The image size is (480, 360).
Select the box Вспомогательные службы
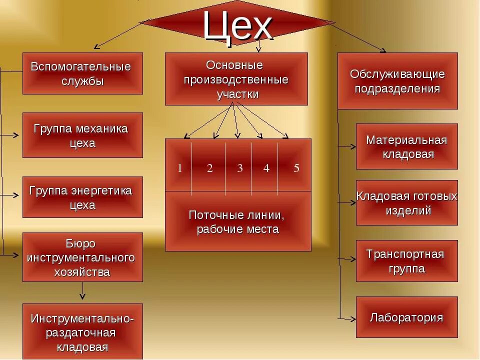82,73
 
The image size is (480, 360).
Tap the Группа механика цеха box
82,135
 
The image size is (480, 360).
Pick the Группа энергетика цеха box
82,197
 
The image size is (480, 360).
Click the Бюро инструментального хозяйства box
82,257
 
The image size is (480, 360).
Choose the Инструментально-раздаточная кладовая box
82,332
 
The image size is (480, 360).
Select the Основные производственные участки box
236,79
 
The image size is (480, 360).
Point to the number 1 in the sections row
179,168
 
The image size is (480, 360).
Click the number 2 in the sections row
210,168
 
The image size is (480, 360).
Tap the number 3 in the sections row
240,168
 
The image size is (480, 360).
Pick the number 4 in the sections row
266,168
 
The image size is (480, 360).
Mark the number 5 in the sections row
296,168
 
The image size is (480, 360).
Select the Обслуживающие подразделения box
397,81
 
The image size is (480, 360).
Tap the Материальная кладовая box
406,146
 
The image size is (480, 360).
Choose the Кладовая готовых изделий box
406,202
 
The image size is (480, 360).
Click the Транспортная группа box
406,261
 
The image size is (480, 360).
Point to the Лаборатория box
406,317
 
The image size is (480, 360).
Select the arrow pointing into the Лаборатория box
348,318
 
